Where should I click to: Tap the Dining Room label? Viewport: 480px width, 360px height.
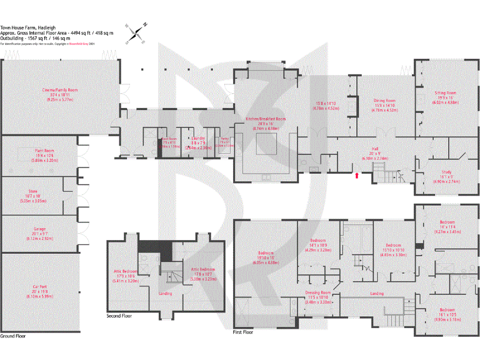385,101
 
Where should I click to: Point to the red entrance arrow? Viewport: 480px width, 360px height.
356,176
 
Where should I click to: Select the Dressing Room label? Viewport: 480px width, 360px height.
317,292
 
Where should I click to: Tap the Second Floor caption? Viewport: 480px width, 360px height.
119,316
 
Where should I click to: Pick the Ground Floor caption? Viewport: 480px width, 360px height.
12,336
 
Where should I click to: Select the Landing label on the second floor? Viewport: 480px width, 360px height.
166,293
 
